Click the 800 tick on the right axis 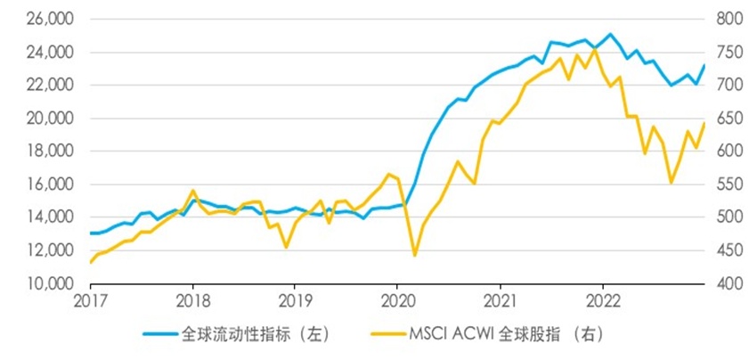(x=725, y=20)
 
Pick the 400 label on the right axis (x=725, y=284)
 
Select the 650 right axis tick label (x=725, y=119)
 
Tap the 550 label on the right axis (x=725, y=184)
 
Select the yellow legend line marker (x=385, y=335)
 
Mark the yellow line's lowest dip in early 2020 (x=414, y=256)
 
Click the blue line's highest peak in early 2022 (x=610, y=35)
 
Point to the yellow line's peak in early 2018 (x=193, y=191)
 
